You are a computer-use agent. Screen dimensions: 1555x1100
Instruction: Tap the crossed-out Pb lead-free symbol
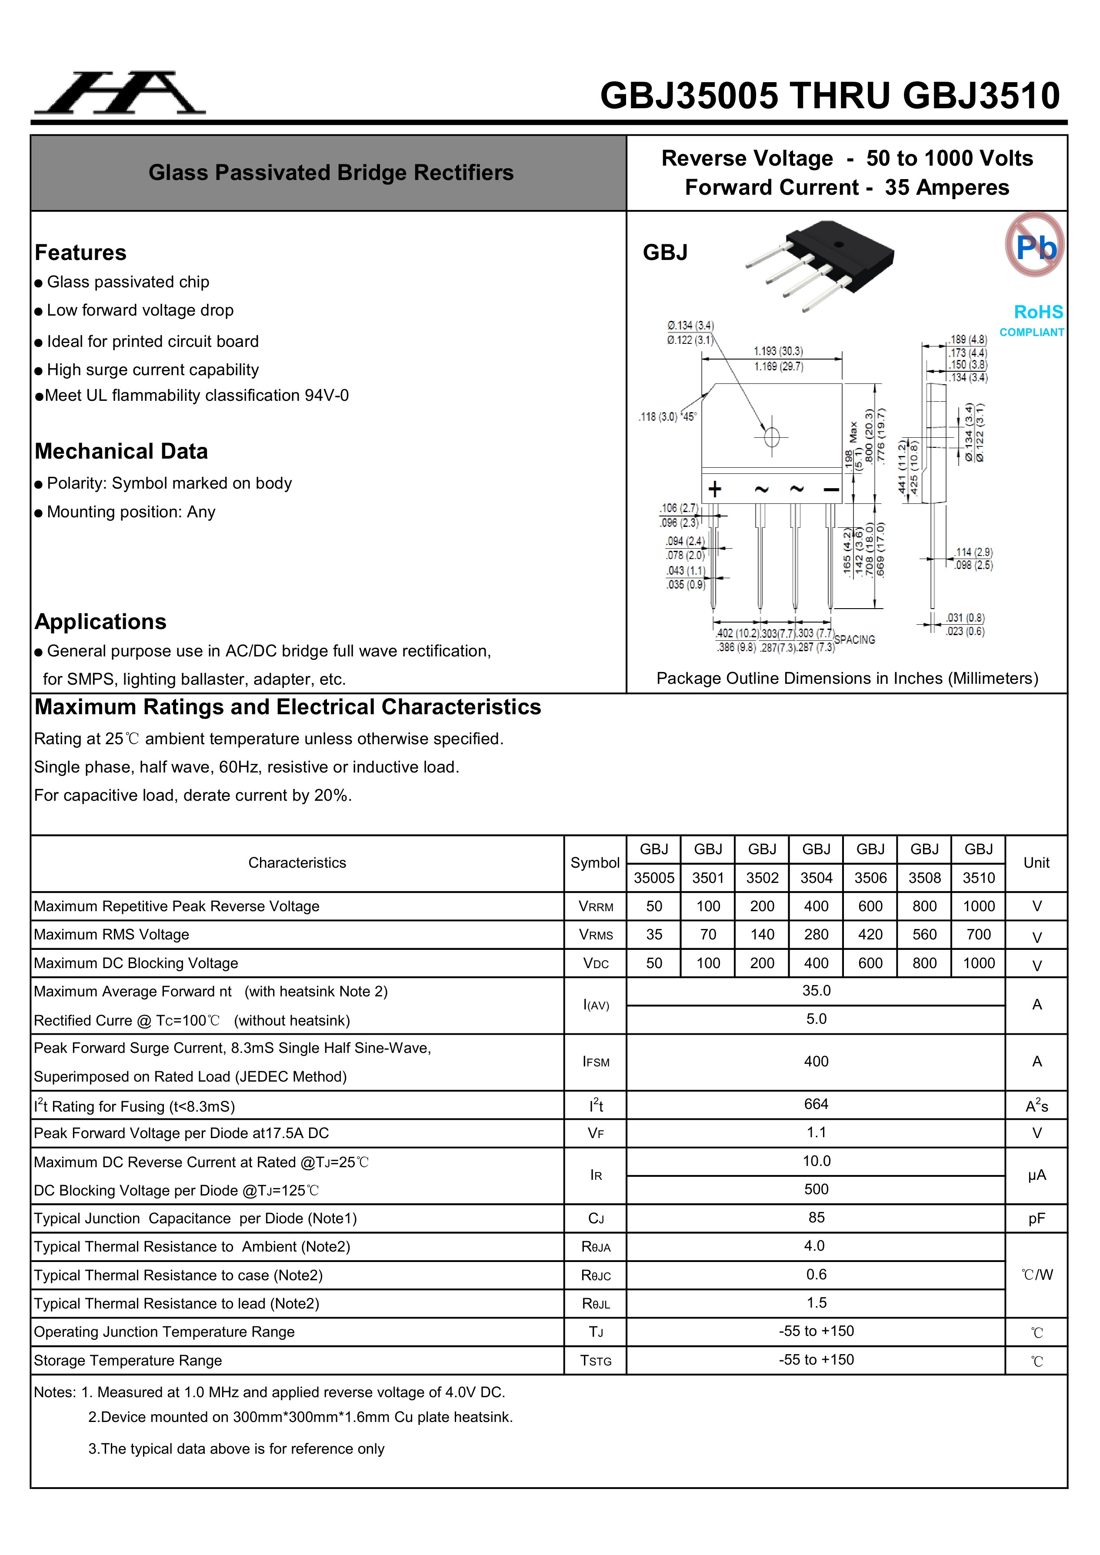click(1034, 245)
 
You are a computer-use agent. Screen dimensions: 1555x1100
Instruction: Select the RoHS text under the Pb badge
click(1038, 312)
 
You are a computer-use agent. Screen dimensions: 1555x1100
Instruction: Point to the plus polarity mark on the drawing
click(715, 489)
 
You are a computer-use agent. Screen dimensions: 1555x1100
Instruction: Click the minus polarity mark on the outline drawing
click(831, 489)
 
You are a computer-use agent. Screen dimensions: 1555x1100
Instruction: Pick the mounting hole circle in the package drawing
click(771, 437)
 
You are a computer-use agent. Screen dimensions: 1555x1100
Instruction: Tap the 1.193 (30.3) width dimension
click(778, 351)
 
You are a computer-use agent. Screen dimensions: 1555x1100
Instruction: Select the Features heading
click(80, 253)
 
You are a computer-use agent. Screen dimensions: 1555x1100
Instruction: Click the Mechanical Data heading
click(121, 451)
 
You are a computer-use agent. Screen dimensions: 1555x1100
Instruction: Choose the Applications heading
click(100, 622)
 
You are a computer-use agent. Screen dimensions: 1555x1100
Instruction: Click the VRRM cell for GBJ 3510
click(978, 906)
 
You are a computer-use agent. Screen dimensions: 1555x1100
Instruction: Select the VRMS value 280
click(816, 935)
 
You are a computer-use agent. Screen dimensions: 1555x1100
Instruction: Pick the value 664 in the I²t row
click(816, 1104)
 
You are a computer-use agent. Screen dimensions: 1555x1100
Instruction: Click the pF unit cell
click(1037, 1219)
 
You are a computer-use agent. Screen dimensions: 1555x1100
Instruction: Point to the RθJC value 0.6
click(816, 1275)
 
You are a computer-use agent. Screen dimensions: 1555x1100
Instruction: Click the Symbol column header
click(595, 863)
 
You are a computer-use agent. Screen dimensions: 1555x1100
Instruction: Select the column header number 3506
click(870, 878)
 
